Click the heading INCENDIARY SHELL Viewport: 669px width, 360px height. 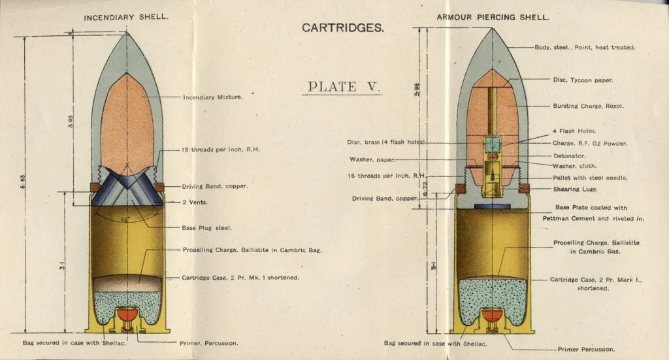tap(126, 16)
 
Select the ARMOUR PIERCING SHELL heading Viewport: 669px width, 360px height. tap(493, 16)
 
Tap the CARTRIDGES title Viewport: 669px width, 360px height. tap(342, 28)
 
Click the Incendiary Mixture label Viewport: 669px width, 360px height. tap(212, 97)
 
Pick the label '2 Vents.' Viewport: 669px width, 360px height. tap(195, 203)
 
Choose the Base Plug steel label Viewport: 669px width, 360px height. tap(207, 228)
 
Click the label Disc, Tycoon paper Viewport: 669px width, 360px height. tap(583, 80)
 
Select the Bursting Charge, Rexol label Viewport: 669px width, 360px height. tap(588, 106)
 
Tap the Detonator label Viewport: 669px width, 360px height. tap(569, 155)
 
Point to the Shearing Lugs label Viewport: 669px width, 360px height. tap(576, 189)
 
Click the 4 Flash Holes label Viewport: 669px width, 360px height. tap(574, 131)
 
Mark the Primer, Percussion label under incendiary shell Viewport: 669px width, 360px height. tap(208, 343)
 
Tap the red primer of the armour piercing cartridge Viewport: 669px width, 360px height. tap(493, 317)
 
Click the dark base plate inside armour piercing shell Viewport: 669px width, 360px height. tap(493, 206)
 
